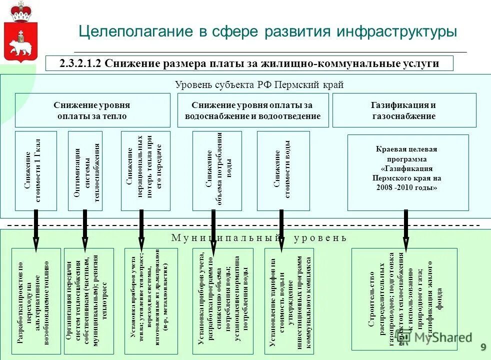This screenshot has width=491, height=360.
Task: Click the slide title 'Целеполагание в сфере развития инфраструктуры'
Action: (267, 31)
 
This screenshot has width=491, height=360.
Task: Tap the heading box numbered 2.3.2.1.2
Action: (249, 63)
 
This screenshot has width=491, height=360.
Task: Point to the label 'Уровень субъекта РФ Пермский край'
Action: (259, 85)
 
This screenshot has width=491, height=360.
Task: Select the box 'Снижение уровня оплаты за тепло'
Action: (92, 110)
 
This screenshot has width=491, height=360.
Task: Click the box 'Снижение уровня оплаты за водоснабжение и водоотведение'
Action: (252, 110)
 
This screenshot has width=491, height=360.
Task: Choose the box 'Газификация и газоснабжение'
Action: (403, 110)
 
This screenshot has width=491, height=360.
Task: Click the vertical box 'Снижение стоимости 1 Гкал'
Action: (35, 171)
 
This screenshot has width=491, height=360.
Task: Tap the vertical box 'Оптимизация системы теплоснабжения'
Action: (85, 171)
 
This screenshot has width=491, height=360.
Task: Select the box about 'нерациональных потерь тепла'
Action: (145, 171)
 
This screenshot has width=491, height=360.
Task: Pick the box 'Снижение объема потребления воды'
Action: (216, 171)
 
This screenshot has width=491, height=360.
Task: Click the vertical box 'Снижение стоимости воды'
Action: (283, 171)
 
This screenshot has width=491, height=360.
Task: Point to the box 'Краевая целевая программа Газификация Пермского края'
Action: (407, 172)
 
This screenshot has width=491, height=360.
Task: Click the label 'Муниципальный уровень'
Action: (258, 237)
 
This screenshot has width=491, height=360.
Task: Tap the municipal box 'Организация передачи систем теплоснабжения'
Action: (88, 301)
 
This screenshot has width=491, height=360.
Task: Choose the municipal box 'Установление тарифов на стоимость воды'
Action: (288, 301)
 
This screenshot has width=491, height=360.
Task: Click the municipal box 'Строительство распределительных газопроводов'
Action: (404, 299)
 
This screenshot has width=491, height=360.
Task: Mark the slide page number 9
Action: (483, 347)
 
